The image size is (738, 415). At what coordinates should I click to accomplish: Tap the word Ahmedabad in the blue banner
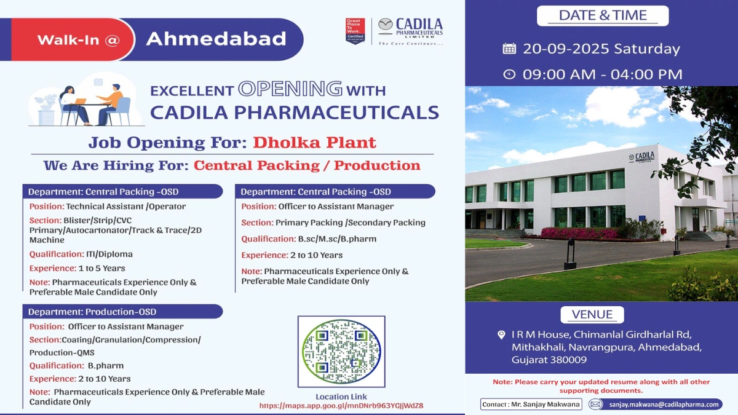click(x=216, y=39)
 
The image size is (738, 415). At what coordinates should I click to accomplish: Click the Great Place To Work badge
click(x=355, y=31)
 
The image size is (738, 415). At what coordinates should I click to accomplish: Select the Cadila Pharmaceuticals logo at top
click(x=410, y=31)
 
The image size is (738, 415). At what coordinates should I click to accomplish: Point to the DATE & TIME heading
click(x=602, y=16)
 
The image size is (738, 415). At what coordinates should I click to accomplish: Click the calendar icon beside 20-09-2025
click(x=509, y=49)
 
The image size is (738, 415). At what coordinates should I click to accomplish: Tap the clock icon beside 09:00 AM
click(x=509, y=74)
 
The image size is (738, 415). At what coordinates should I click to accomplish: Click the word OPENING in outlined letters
click(x=290, y=89)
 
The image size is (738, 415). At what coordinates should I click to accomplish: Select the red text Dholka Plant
click(x=314, y=143)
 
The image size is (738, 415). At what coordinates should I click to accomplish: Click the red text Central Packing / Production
click(x=307, y=165)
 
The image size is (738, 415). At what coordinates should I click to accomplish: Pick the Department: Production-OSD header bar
click(x=123, y=312)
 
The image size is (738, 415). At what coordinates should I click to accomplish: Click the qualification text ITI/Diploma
click(x=109, y=254)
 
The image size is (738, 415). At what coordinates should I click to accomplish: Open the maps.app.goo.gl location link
click(x=341, y=406)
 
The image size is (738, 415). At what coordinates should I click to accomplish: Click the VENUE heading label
click(x=592, y=315)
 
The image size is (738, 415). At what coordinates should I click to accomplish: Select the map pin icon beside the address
click(x=501, y=335)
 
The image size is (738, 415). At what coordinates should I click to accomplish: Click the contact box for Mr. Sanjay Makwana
click(x=531, y=404)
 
